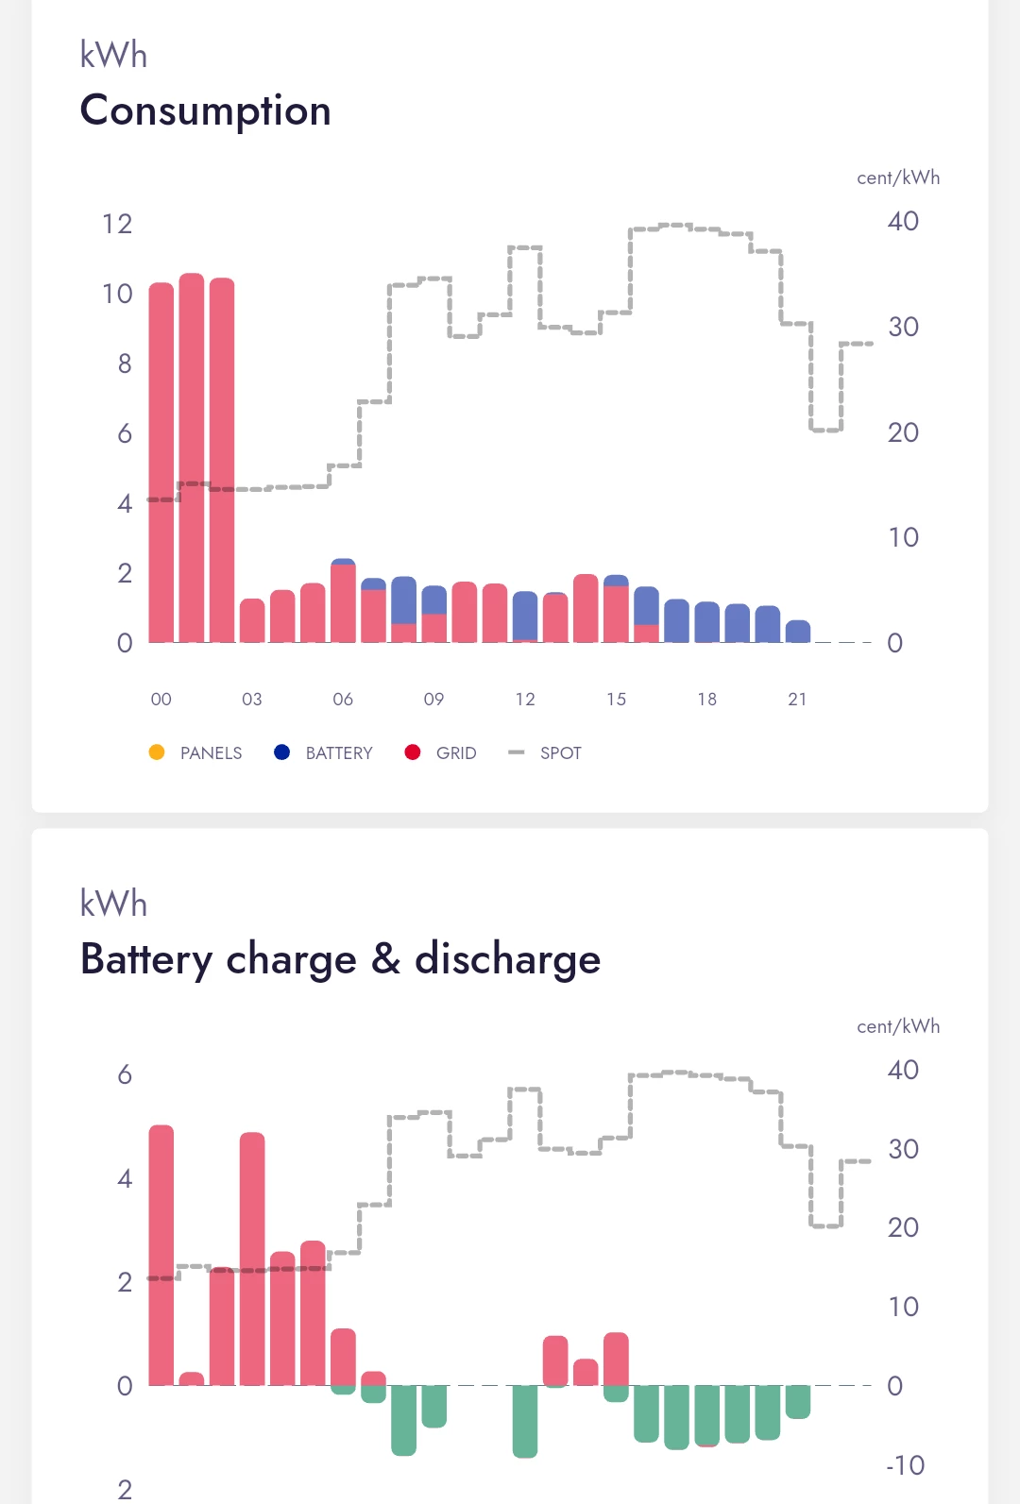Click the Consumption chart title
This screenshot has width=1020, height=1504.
click(205, 110)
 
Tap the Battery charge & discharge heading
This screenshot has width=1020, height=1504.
click(340, 958)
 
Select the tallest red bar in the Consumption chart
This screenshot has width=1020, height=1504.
click(192, 458)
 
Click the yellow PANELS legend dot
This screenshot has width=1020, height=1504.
click(157, 752)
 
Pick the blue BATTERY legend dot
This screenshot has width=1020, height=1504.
click(281, 752)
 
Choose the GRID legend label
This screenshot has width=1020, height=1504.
click(456, 753)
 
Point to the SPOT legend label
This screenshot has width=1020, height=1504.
click(560, 753)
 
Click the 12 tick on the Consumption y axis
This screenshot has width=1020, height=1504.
click(117, 224)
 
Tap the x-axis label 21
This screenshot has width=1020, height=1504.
click(797, 700)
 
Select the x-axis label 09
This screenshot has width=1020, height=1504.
click(433, 700)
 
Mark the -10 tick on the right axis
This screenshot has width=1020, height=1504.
click(905, 1465)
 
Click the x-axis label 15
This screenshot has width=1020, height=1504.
click(616, 700)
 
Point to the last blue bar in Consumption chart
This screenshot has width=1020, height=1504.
click(798, 632)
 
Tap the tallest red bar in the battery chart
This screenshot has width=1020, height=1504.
click(161, 1256)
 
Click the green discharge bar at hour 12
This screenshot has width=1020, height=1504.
click(525, 1421)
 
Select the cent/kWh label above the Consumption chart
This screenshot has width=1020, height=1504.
click(897, 177)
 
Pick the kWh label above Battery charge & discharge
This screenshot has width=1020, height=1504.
click(113, 904)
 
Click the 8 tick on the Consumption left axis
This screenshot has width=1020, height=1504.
click(125, 363)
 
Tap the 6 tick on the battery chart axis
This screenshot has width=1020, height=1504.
click(125, 1074)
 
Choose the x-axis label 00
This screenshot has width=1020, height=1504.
click(161, 700)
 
